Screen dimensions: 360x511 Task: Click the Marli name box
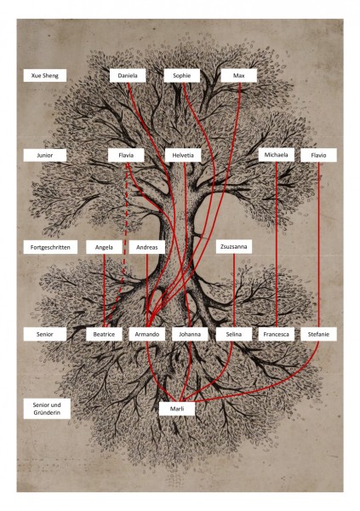click(177, 409)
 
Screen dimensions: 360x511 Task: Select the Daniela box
click(128, 76)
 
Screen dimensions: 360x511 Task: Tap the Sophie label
click(182, 76)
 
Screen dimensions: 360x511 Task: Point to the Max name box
click(239, 76)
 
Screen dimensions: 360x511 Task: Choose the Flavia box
click(126, 155)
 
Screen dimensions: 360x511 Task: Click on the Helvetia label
click(183, 155)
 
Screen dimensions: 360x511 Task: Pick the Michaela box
click(277, 155)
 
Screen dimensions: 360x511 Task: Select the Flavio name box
click(318, 155)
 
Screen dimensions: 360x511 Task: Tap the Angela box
click(104, 247)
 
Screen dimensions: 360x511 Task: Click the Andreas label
click(147, 247)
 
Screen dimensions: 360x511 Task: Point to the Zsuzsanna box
click(234, 247)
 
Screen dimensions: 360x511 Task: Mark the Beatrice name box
click(104, 334)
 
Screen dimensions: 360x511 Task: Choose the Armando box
click(147, 334)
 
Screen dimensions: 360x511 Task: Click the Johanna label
click(190, 334)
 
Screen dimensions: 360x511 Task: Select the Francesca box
click(277, 334)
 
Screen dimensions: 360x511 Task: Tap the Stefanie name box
click(318, 334)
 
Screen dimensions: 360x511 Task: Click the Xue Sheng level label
click(45, 76)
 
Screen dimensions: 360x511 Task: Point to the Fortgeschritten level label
click(50, 247)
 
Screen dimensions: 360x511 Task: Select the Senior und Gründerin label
click(47, 409)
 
